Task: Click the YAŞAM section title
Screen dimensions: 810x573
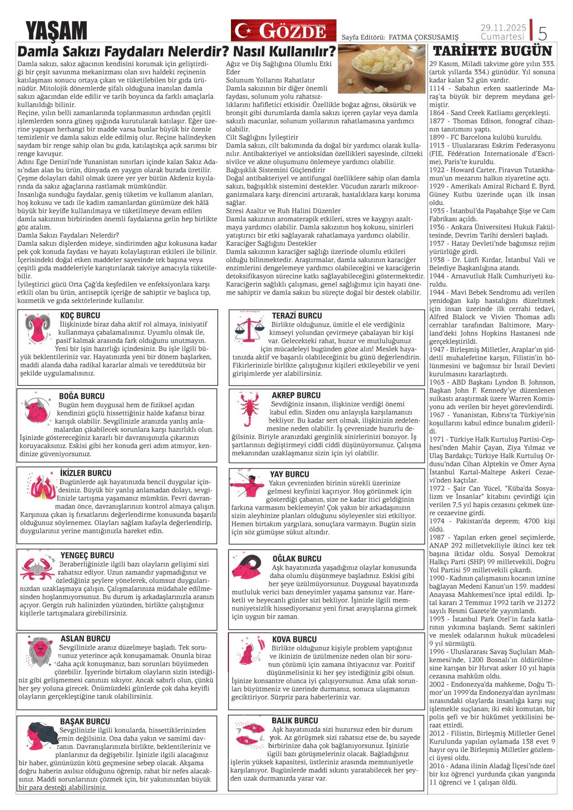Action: [x=56, y=31]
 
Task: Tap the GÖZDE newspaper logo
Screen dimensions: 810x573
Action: [x=283, y=30]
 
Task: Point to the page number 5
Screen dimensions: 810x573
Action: [x=542, y=33]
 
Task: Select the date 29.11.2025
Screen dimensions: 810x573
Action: [x=503, y=28]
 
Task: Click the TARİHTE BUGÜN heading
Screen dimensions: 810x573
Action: [x=492, y=51]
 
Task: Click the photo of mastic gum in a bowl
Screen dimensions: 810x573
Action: [x=381, y=68]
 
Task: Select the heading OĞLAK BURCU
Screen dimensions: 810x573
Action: [x=297, y=559]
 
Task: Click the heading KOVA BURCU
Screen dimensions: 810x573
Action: [x=294, y=639]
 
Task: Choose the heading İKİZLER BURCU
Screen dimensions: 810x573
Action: [x=85, y=473]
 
